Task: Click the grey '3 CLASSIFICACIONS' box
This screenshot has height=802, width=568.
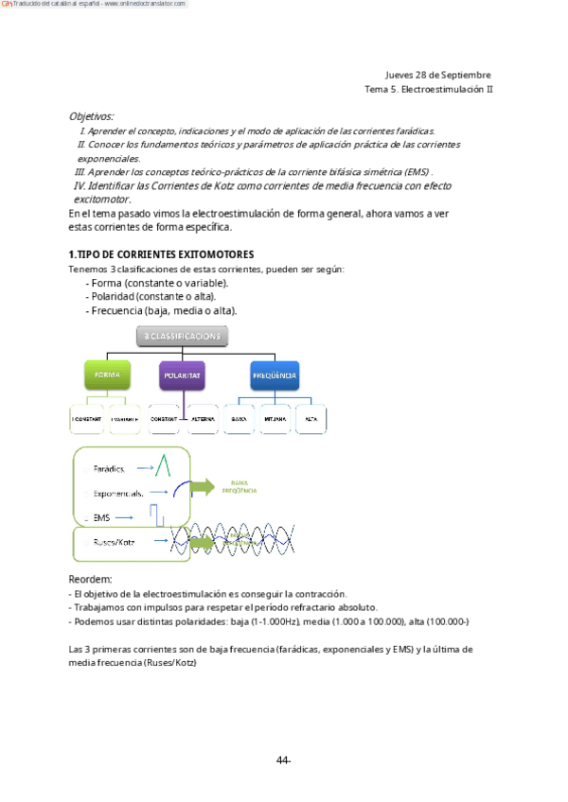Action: pos(182,336)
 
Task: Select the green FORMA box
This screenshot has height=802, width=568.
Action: pos(106,375)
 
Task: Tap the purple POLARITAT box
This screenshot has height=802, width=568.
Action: pos(183,375)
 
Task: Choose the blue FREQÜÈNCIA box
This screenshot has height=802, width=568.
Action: pos(275,375)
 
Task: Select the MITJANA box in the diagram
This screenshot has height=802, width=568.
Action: pos(275,418)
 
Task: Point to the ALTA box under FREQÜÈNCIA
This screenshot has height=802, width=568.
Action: pos(311,418)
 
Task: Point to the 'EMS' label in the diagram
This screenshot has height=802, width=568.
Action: pos(102,517)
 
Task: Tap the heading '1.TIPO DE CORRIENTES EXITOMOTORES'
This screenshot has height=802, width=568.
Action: pos(161,255)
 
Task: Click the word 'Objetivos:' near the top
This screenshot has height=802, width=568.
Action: pos(91,116)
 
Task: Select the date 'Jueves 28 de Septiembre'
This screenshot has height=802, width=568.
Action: pos(437,75)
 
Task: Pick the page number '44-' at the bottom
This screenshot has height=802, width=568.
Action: pos(283,760)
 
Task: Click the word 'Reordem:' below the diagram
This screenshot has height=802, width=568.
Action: pos(91,579)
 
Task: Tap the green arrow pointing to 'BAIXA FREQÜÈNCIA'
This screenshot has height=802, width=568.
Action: pos(201,487)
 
